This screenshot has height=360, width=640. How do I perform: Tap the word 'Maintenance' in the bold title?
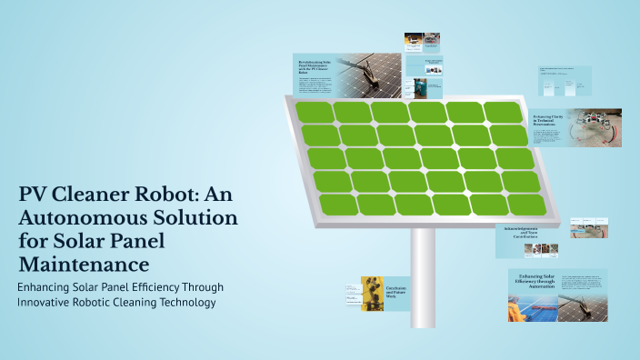point(84,265)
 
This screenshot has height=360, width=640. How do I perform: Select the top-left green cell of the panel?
point(314,114)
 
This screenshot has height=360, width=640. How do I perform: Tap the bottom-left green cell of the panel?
point(338,205)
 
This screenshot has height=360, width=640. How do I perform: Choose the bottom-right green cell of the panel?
point(525,205)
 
